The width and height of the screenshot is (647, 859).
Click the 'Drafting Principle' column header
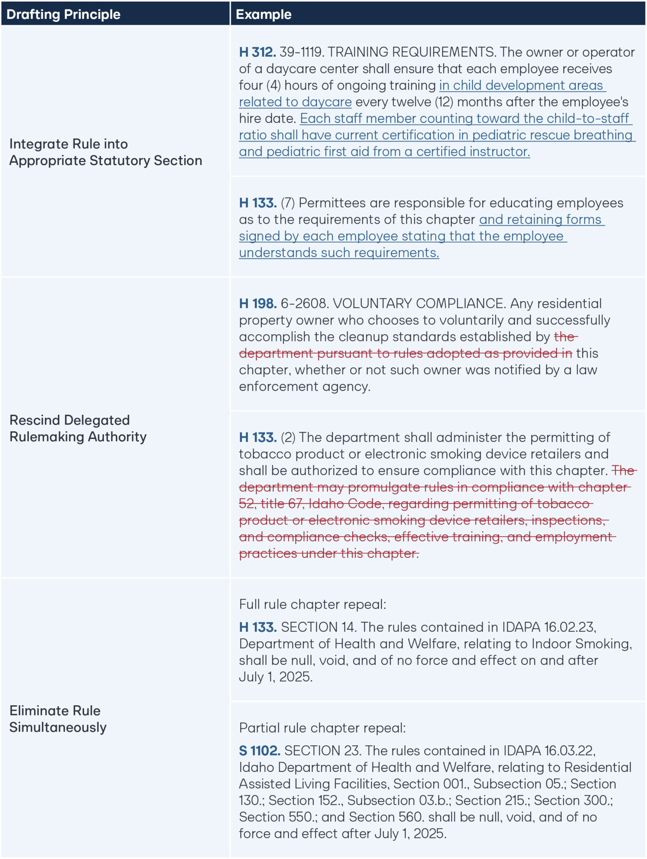pyautogui.click(x=63, y=14)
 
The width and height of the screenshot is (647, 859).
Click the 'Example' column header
pyautogui.click(x=263, y=14)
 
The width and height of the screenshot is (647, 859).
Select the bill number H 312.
pyautogui.click(x=257, y=52)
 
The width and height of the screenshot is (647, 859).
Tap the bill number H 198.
pyautogui.click(x=257, y=304)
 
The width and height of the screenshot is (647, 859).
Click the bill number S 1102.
pyautogui.click(x=260, y=751)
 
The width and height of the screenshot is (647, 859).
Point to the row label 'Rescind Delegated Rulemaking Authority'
pyautogui.click(x=78, y=428)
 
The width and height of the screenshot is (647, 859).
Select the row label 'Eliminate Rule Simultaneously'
pyautogui.click(x=58, y=719)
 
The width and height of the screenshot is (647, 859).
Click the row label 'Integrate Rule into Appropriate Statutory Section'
pyautogui.click(x=105, y=152)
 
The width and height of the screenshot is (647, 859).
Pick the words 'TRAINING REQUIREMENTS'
pyautogui.click(x=411, y=52)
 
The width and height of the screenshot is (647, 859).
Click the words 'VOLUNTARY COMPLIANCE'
pyautogui.click(x=419, y=304)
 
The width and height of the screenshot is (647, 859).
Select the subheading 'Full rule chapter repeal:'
pyautogui.click(x=312, y=604)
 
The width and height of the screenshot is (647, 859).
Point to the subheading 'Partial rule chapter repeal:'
pyautogui.click(x=322, y=728)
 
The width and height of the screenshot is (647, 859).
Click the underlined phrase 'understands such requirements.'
pyautogui.click(x=339, y=253)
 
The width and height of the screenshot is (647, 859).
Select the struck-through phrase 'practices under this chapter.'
pyautogui.click(x=329, y=553)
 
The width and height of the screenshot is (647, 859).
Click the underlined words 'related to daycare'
pyautogui.click(x=295, y=102)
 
